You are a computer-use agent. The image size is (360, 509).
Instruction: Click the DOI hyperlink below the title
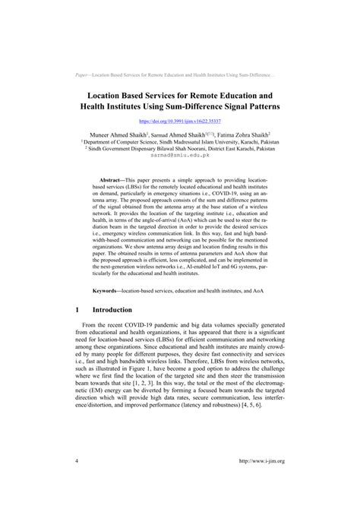179,121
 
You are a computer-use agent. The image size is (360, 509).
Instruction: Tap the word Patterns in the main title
257,108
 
